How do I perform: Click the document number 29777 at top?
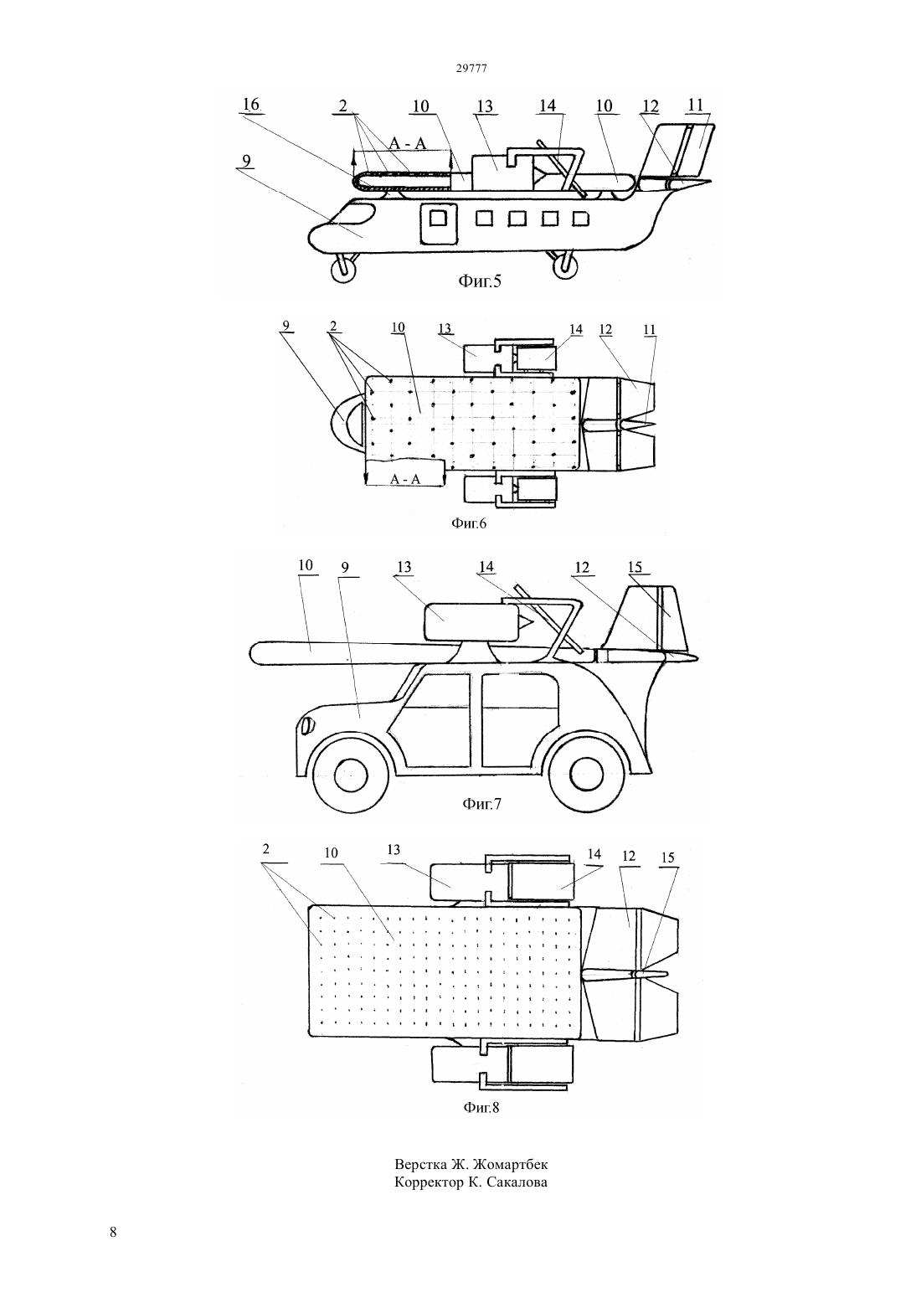click(x=471, y=69)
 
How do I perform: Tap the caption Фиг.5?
click(x=480, y=281)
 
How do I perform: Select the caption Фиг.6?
click(x=469, y=523)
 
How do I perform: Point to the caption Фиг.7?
click(x=481, y=804)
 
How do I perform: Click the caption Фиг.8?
click(x=481, y=1108)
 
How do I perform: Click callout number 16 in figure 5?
click(x=251, y=105)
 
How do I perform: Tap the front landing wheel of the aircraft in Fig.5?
click(x=343, y=270)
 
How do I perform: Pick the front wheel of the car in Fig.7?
click(x=351, y=775)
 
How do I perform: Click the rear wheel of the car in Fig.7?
click(x=588, y=775)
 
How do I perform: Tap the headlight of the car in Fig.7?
click(x=306, y=725)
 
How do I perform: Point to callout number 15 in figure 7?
click(x=635, y=567)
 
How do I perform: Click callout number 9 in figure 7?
click(x=345, y=568)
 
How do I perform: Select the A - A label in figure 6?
click(x=404, y=479)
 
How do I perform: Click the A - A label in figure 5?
click(x=408, y=143)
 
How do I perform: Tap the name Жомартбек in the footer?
click(x=510, y=1165)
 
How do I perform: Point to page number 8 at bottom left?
click(x=113, y=1232)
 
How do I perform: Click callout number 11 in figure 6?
click(x=650, y=330)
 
